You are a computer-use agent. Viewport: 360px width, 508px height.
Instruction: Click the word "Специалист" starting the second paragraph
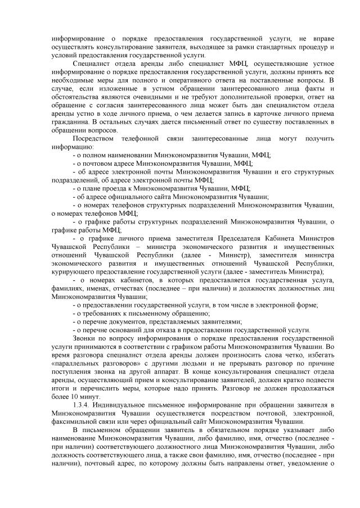tap(92, 65)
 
